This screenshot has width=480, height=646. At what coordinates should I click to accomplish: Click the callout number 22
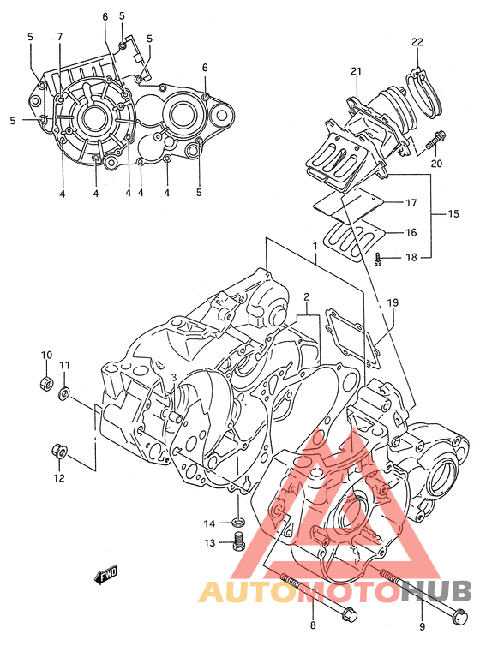[x=417, y=42]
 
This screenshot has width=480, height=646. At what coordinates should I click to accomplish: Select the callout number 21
[x=356, y=71]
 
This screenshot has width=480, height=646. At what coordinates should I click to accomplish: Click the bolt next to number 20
[x=435, y=140]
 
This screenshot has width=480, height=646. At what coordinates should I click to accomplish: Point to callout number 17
[x=411, y=203]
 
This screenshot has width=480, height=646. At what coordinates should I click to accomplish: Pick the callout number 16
[x=411, y=233]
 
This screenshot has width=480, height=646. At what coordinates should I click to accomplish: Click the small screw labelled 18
[x=378, y=260]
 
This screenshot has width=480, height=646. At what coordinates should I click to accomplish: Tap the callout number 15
[x=453, y=214]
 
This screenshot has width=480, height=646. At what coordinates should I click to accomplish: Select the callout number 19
[x=393, y=303]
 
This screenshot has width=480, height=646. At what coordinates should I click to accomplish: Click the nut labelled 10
[x=45, y=384]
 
